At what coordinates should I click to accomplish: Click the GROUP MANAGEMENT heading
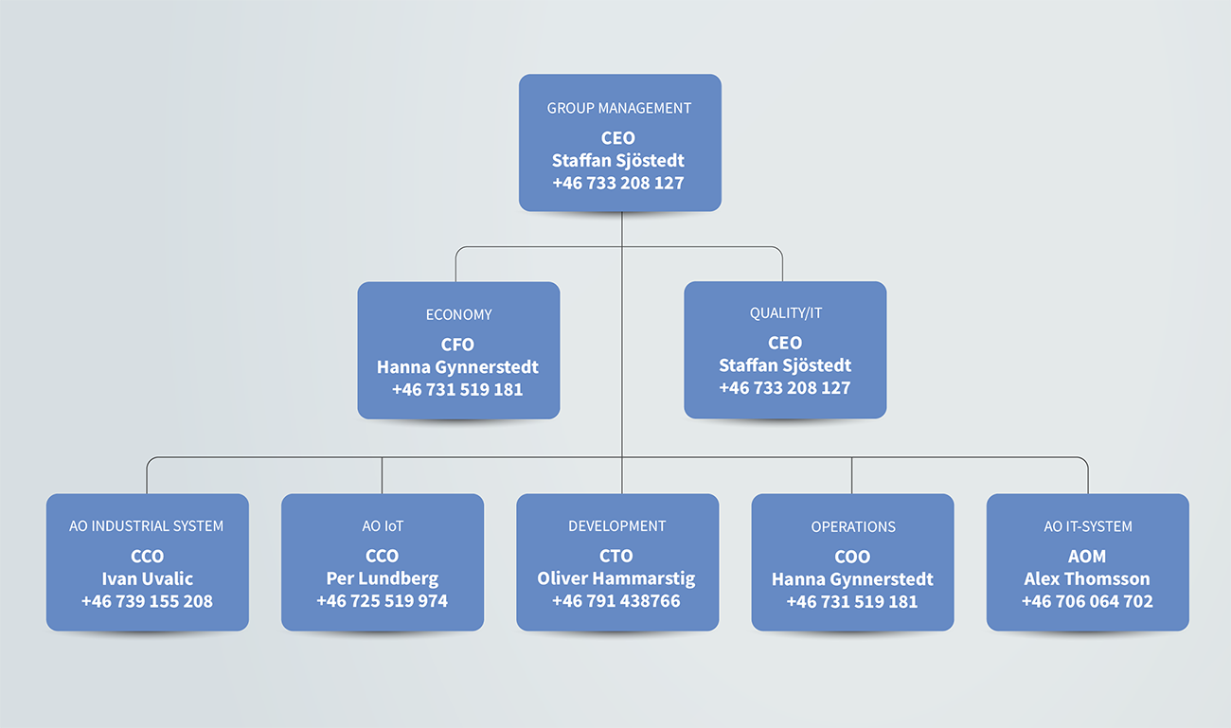pyautogui.click(x=618, y=108)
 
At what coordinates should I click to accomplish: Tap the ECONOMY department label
pyautogui.click(x=459, y=315)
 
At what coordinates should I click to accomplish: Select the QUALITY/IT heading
pyautogui.click(x=786, y=313)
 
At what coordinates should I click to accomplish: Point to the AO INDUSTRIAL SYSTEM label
pyautogui.click(x=146, y=526)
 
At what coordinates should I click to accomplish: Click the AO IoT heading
pyautogui.click(x=383, y=526)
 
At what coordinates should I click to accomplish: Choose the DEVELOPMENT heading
pyautogui.click(x=617, y=526)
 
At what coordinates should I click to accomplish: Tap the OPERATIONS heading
pyautogui.click(x=853, y=527)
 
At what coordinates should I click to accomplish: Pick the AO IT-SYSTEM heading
pyautogui.click(x=1088, y=527)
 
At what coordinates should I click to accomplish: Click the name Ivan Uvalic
pyautogui.click(x=148, y=578)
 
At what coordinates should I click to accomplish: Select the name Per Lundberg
pyautogui.click(x=383, y=578)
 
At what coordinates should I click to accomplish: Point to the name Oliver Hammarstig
pyautogui.click(x=616, y=578)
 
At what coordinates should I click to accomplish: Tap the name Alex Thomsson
pyautogui.click(x=1087, y=578)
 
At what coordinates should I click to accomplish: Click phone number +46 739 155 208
pyautogui.click(x=148, y=601)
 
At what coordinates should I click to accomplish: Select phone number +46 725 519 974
pyautogui.click(x=383, y=600)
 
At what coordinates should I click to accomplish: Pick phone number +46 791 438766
pyautogui.click(x=616, y=600)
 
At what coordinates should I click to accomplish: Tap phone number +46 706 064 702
pyautogui.click(x=1088, y=601)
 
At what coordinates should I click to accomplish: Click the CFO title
pyautogui.click(x=457, y=345)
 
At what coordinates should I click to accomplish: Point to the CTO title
pyautogui.click(x=616, y=556)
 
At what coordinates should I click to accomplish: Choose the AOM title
pyautogui.click(x=1087, y=557)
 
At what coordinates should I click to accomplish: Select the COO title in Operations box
pyautogui.click(x=852, y=558)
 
